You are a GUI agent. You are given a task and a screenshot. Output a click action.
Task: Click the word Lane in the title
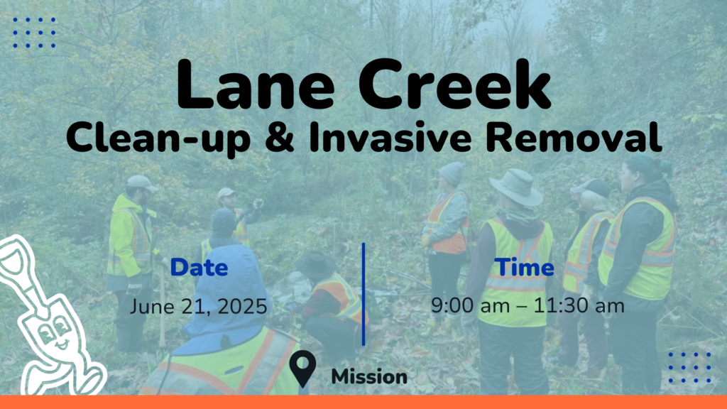pos(256,84)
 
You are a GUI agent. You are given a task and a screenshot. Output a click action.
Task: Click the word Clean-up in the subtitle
pos(158,138)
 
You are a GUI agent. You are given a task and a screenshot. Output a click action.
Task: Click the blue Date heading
pos(199,268)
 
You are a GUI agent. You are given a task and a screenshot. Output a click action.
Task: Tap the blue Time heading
pos(524,267)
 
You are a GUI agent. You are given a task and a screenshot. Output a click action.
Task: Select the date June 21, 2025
pos(199,307)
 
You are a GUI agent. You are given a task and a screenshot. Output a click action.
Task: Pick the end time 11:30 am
pos(579,305)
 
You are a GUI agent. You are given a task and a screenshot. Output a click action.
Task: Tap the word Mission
pos(369,376)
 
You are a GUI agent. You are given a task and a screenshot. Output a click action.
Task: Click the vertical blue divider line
pos(363,294)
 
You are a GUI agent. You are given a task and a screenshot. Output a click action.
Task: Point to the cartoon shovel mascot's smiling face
pos(55,335)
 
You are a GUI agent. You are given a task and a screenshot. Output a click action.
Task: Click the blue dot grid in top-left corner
pos(34,33)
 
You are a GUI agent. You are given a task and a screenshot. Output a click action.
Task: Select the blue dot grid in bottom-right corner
pos(689,368)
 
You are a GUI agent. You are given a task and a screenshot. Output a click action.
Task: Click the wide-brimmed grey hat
pos(517,187)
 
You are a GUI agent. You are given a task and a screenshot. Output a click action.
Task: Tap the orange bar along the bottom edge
pos(363,402)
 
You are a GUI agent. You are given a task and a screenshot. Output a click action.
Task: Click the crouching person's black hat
pos(316,264)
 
